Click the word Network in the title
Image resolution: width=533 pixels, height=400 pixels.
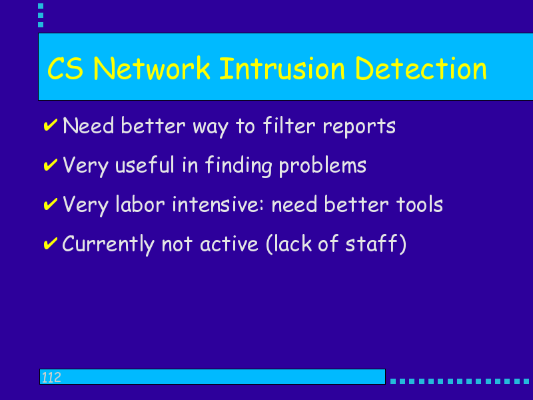pyautogui.click(x=152, y=69)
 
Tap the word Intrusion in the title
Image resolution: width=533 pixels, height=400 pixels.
pyautogui.click(x=282, y=69)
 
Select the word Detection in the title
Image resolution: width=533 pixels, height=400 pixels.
pyautogui.click(x=421, y=69)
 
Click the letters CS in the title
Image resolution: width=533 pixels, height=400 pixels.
pyautogui.click(x=65, y=69)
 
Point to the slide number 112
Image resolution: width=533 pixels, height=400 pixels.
pyautogui.click(x=51, y=377)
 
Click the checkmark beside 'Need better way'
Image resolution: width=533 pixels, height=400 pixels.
pyautogui.click(x=51, y=125)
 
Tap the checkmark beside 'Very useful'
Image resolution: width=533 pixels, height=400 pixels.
pyautogui.click(x=51, y=164)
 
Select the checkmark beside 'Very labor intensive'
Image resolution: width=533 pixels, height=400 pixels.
pyautogui.click(x=51, y=204)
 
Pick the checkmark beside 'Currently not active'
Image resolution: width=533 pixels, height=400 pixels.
pyautogui.click(x=51, y=243)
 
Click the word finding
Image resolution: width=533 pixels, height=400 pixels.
pyautogui.click(x=239, y=166)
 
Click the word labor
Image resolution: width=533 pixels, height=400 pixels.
pyautogui.click(x=140, y=205)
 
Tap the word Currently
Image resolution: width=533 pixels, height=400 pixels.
pyautogui.click(x=108, y=245)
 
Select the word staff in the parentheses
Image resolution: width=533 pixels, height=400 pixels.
pyautogui.click(x=371, y=243)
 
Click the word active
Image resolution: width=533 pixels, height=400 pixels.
pyautogui.click(x=229, y=244)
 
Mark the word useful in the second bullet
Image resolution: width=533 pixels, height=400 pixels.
pyautogui.click(x=145, y=165)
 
